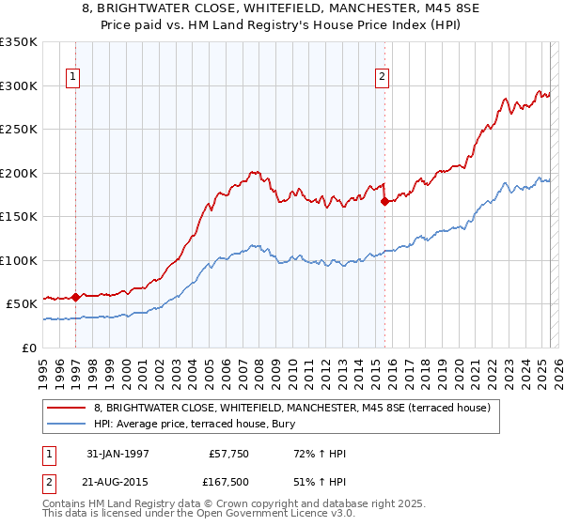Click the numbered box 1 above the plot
pos(73,78)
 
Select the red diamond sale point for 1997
pos(75,297)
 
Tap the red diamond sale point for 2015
pos(384,201)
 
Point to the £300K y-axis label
pos(19,85)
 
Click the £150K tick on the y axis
pos(19,217)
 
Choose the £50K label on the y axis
pos(22,304)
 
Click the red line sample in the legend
pos(68,408)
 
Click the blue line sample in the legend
pos(68,424)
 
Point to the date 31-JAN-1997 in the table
pos(117,454)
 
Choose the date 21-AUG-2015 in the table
pos(118,483)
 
